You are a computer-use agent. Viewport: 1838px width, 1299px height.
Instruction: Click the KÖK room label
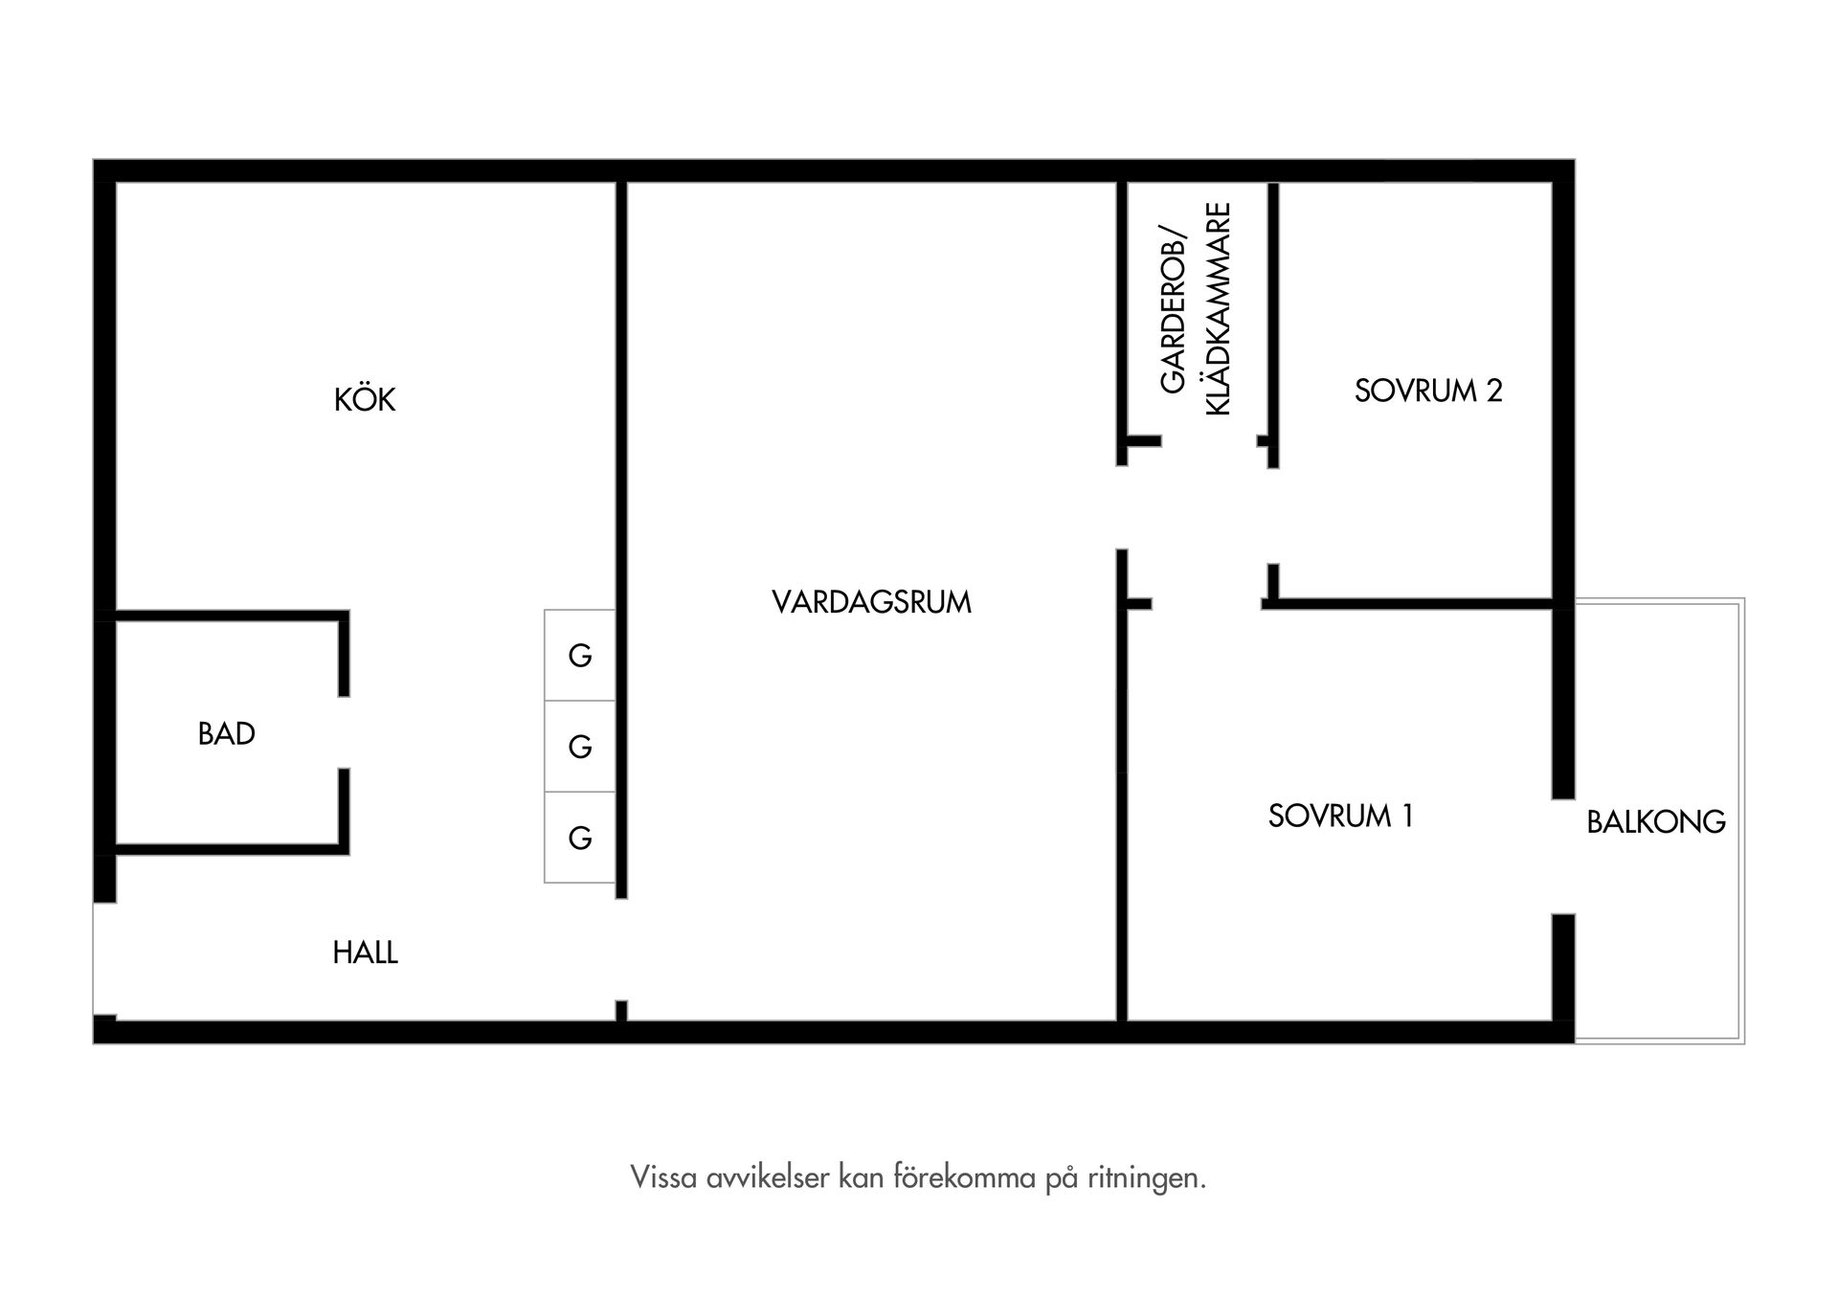(365, 399)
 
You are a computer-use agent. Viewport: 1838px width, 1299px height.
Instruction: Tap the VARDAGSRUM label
(871, 602)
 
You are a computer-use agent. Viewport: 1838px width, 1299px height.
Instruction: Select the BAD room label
(226, 734)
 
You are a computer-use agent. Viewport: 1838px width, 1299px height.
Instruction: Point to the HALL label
(365, 952)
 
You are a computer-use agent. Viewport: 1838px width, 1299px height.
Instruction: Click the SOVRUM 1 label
(1340, 816)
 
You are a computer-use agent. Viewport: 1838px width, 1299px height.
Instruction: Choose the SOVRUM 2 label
(1428, 391)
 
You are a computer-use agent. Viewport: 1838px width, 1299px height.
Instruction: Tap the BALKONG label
(1656, 822)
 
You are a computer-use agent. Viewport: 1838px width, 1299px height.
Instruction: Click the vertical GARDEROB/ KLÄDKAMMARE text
(1195, 308)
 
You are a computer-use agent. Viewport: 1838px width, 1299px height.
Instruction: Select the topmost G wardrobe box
(580, 656)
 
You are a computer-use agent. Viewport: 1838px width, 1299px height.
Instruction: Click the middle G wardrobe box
(580, 747)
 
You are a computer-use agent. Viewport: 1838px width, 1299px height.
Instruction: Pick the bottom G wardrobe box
(580, 838)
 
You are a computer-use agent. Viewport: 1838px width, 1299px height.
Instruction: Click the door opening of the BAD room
(344, 732)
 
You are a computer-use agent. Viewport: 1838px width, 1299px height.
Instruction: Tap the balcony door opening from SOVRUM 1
(1563, 856)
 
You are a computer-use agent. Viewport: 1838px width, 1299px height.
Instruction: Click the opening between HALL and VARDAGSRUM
(621, 949)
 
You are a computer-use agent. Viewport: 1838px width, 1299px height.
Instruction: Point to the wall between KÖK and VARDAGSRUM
(621, 479)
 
